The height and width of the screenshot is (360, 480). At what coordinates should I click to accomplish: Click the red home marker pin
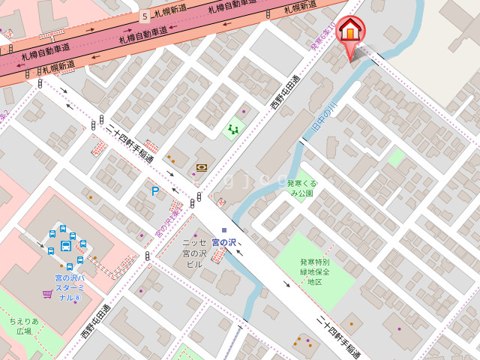pos(349,33)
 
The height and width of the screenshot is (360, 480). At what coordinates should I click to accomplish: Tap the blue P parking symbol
pos(155,191)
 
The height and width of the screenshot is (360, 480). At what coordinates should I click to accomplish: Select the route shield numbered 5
pos(144,16)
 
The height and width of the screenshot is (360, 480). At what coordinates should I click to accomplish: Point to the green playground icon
pos(233,129)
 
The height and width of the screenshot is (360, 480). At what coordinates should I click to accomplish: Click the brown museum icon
pos(201,168)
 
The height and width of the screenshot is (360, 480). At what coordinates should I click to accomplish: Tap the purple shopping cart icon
pos(47,294)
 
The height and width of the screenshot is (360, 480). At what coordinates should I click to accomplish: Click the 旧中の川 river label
pos(323,120)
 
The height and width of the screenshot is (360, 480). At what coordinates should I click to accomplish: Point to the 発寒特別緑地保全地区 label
pos(314,271)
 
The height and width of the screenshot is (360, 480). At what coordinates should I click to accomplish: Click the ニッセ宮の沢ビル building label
pos(194,253)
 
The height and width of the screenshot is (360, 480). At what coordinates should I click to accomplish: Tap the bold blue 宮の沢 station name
pos(224,242)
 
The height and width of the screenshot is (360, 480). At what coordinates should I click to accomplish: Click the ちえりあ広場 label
pos(24,326)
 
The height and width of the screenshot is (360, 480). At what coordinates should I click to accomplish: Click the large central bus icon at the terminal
pos(66,246)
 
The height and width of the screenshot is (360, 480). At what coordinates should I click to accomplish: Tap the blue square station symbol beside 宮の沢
pos(224,230)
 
